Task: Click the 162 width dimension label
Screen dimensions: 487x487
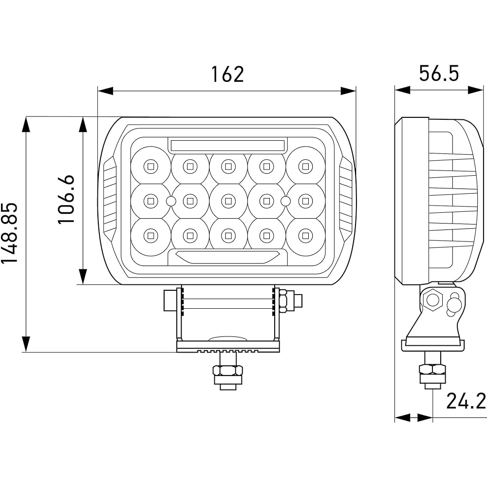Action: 227,75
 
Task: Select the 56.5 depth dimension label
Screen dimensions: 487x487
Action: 439,74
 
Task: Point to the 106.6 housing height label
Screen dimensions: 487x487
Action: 67,199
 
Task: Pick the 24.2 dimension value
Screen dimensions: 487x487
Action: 466,401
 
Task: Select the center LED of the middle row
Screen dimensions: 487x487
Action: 227,200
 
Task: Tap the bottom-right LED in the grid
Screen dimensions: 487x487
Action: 305,236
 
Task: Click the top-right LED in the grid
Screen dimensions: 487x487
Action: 305,166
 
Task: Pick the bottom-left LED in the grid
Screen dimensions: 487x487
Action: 150,236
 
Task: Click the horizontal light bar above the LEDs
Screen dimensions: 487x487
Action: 227,145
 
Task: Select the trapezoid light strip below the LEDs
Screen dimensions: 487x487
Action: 227,257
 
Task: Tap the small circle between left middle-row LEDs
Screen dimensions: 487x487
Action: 170,201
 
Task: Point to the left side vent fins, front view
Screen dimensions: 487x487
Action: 110,200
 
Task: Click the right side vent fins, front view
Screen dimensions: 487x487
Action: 345,200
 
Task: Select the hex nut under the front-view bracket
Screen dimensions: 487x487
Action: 227,371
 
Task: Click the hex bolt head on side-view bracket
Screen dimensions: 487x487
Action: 432,300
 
